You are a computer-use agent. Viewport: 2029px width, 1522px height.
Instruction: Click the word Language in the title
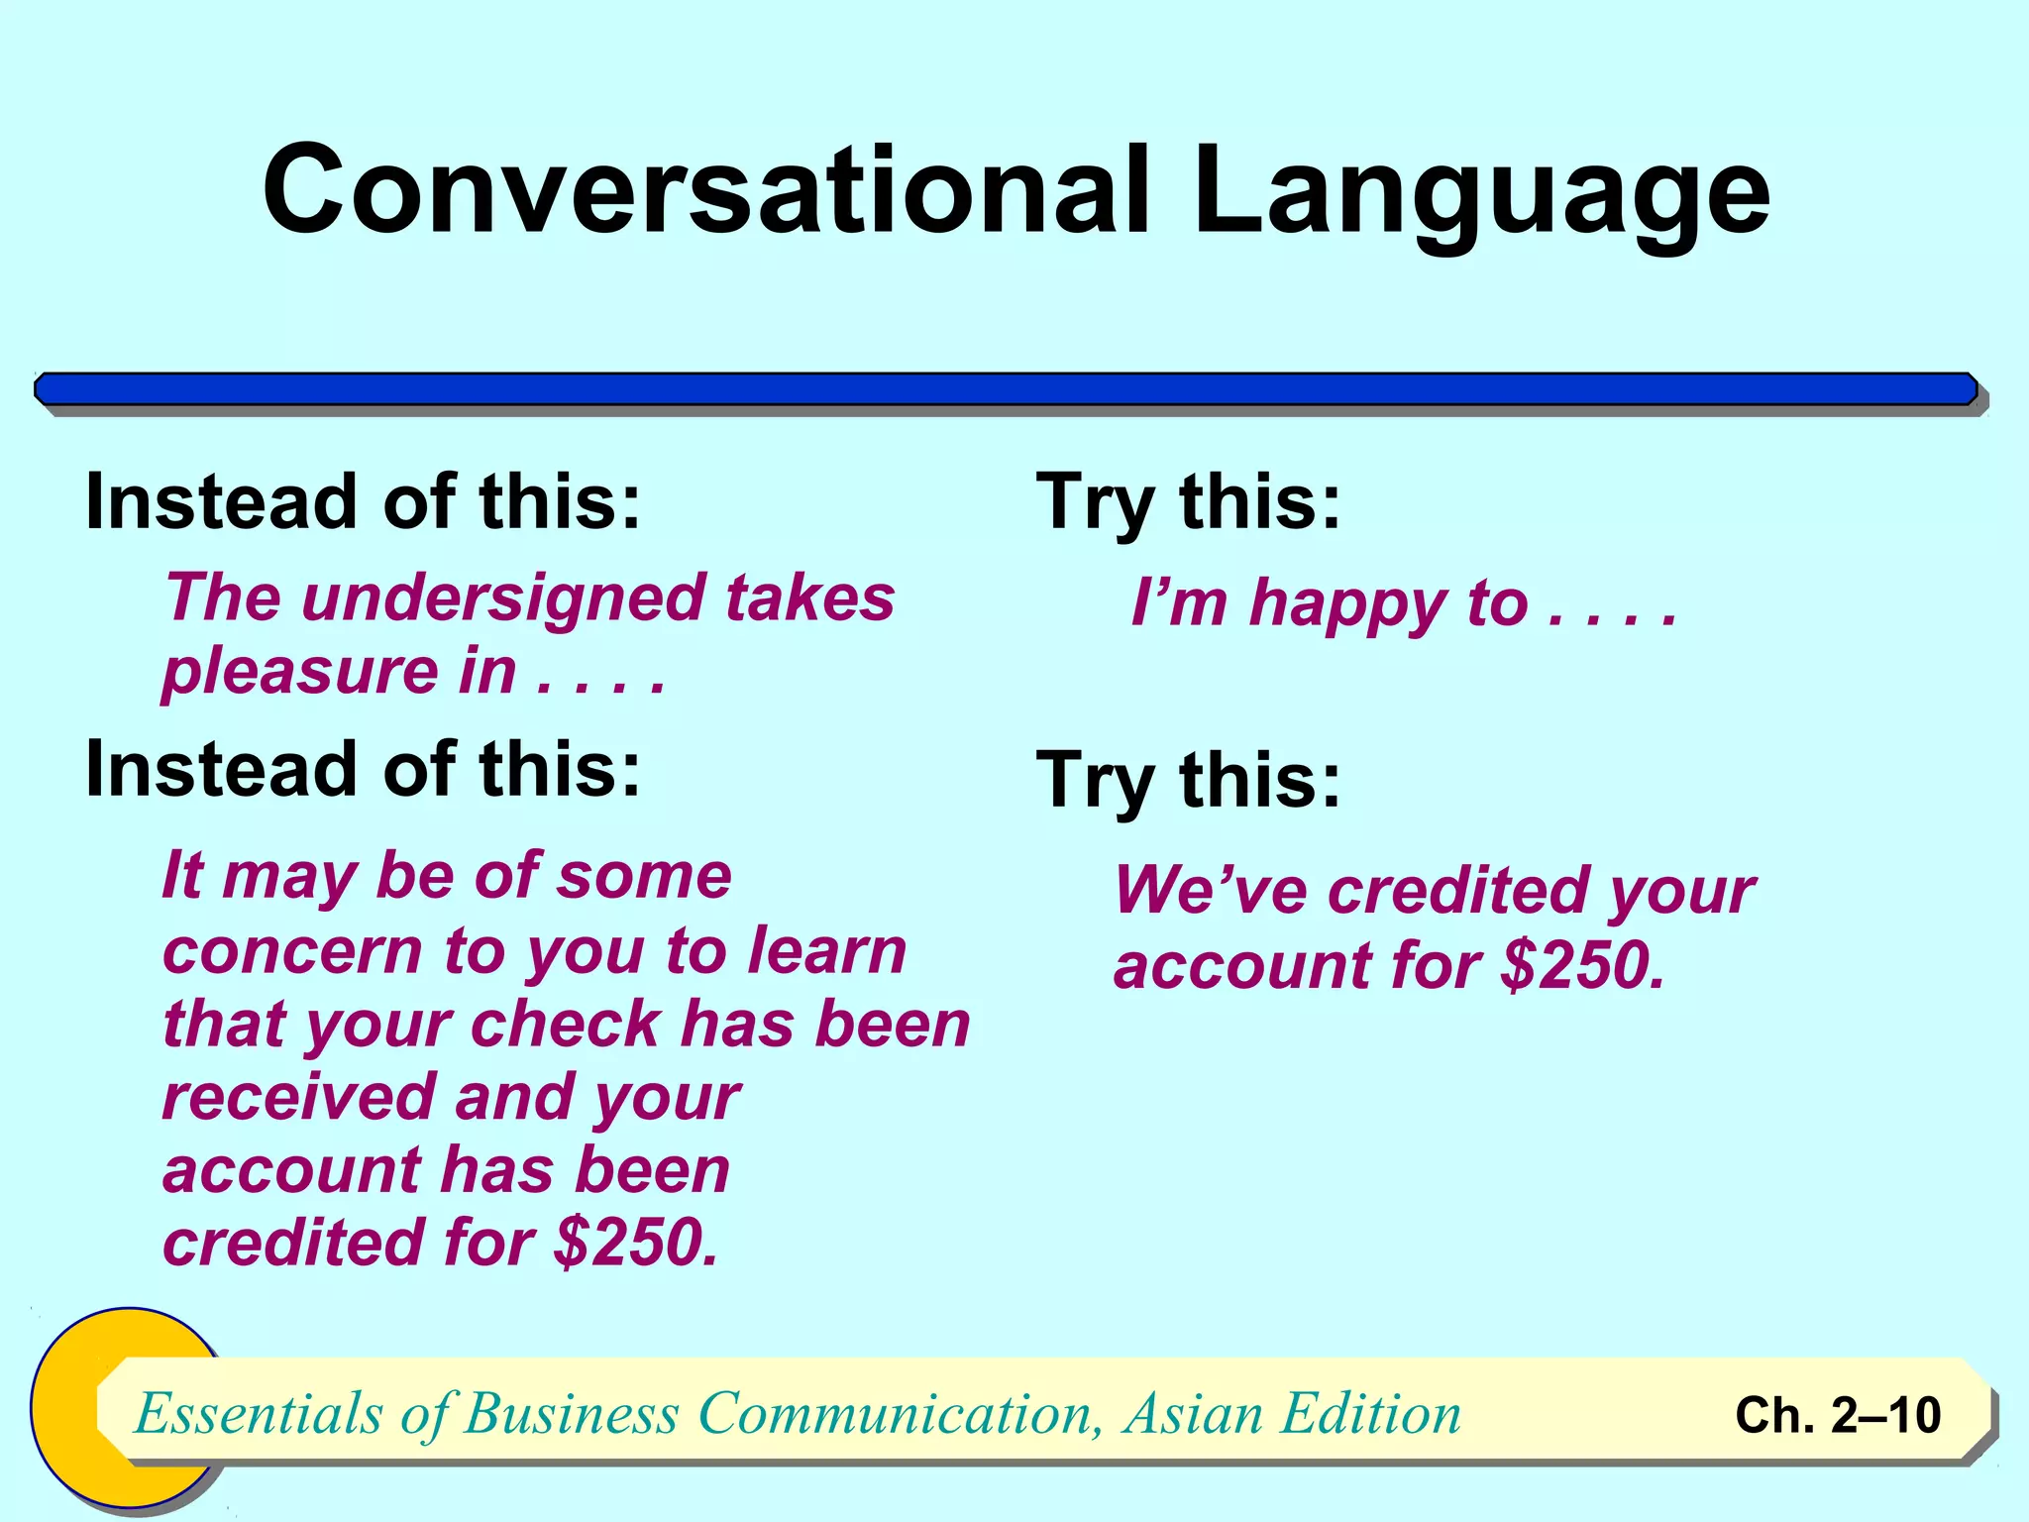(1481, 190)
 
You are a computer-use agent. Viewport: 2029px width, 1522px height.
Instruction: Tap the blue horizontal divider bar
(1006, 389)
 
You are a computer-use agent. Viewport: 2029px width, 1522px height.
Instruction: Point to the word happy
(1347, 604)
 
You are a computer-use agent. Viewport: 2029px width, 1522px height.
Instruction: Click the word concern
(293, 953)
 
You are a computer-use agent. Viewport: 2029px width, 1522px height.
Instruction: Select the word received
(298, 1098)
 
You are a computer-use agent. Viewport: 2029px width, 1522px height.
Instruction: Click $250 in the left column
(634, 1243)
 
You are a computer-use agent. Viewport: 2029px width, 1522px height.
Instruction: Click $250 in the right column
(1581, 966)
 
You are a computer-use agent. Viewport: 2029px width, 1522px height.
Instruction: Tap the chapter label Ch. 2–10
(1837, 1415)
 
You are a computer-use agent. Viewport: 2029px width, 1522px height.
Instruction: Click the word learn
(826, 951)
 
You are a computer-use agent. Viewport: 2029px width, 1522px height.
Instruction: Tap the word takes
(809, 598)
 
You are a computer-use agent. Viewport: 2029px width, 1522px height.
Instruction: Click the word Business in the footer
(571, 1413)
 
